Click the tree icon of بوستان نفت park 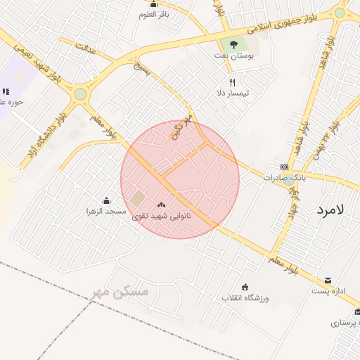pyautogui.click(x=233, y=44)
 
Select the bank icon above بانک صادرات pyautogui.click(x=284, y=167)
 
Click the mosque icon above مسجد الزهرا pyautogui.click(x=106, y=201)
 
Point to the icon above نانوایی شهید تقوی pyautogui.click(x=171, y=205)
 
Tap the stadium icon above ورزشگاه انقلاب pyautogui.click(x=245, y=287)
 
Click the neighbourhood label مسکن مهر pyautogui.click(x=121, y=290)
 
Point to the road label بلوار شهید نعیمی pyautogui.click(x=32, y=59)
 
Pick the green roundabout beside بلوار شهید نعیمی pyautogui.click(x=81, y=94)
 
